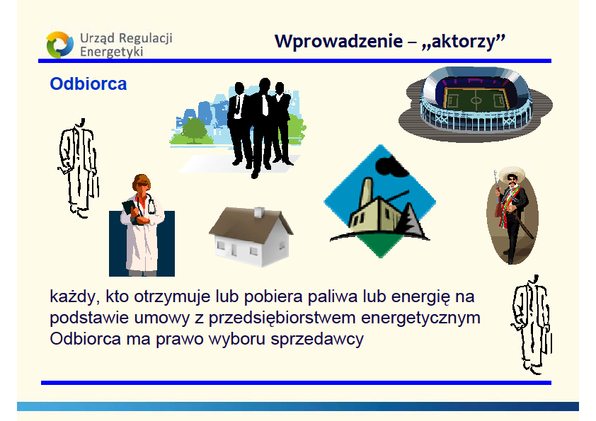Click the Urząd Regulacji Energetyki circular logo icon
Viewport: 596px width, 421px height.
[x=59, y=45]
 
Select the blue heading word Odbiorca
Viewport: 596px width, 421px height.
[x=88, y=84]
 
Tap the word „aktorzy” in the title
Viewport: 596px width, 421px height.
[x=464, y=41]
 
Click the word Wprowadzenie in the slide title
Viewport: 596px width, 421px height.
[x=338, y=41]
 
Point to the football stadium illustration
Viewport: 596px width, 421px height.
[x=475, y=105]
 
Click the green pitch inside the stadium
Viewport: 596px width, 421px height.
[x=476, y=99]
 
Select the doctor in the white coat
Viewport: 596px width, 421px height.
[x=142, y=225]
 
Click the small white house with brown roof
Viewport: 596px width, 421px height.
[x=251, y=236]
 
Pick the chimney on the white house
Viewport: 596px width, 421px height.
[x=259, y=212]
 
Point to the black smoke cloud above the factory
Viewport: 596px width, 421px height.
[x=391, y=166]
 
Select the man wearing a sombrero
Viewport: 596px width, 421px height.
[x=512, y=215]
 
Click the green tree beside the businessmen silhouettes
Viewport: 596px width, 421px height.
[x=194, y=130]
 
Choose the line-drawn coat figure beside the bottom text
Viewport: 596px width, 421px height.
[x=531, y=325]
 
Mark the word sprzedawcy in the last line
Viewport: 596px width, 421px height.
[x=317, y=339]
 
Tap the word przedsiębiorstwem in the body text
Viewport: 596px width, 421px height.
[x=282, y=318]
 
